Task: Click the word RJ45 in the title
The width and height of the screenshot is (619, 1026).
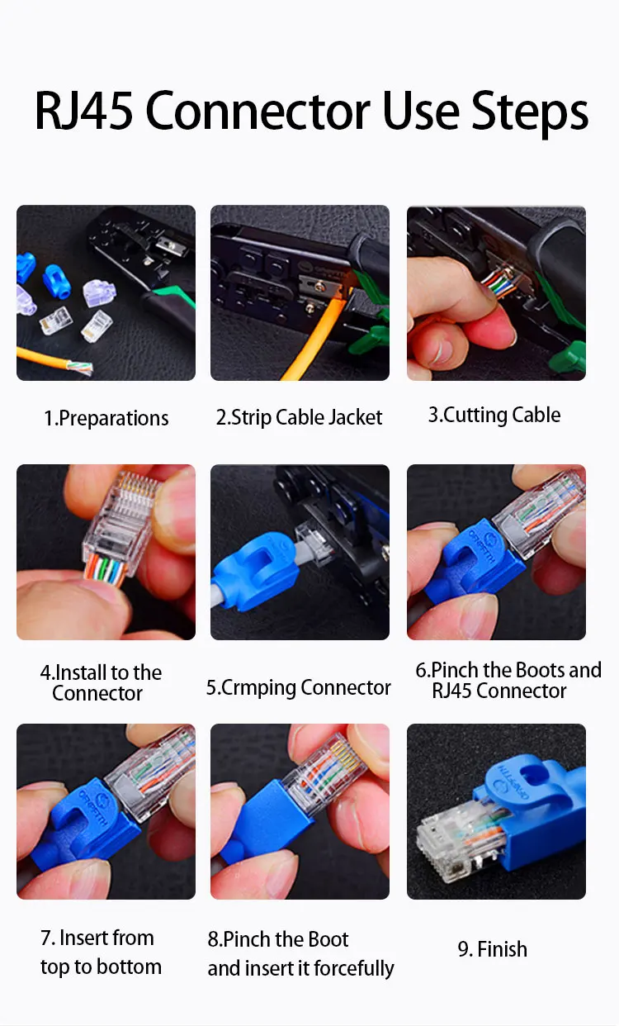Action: coord(85,111)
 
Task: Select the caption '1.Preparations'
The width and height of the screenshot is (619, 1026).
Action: coord(106,419)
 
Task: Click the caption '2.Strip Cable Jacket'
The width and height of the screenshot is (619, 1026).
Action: coord(299,418)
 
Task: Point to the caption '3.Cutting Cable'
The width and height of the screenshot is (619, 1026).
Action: coord(494,415)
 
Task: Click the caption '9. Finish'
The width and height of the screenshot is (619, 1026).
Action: coord(492,949)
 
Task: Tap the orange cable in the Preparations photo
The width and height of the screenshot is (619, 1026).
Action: coord(50,360)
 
